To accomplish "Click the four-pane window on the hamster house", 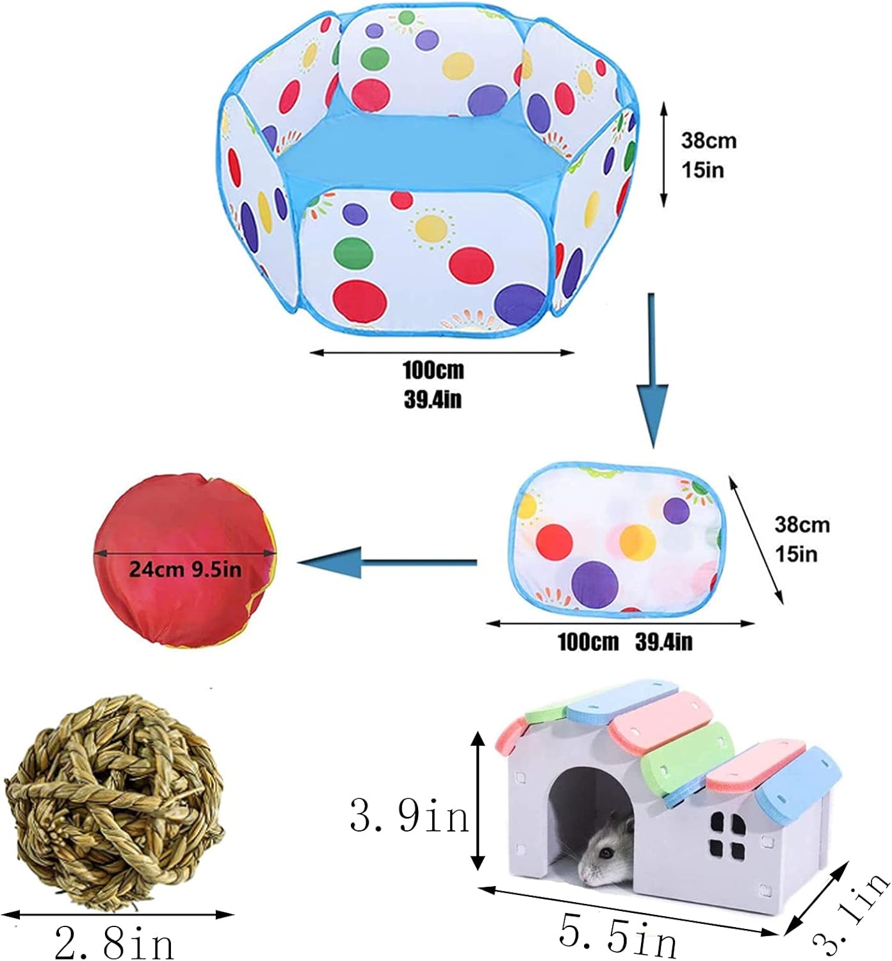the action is pyautogui.click(x=728, y=835).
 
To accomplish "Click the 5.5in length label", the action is pyautogui.click(x=617, y=937).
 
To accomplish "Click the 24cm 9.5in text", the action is pyautogui.click(x=186, y=569).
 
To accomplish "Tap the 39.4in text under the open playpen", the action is pyautogui.click(x=433, y=400).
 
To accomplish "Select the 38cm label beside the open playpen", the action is pyautogui.click(x=708, y=140).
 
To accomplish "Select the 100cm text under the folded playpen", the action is pyautogui.click(x=588, y=642).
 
